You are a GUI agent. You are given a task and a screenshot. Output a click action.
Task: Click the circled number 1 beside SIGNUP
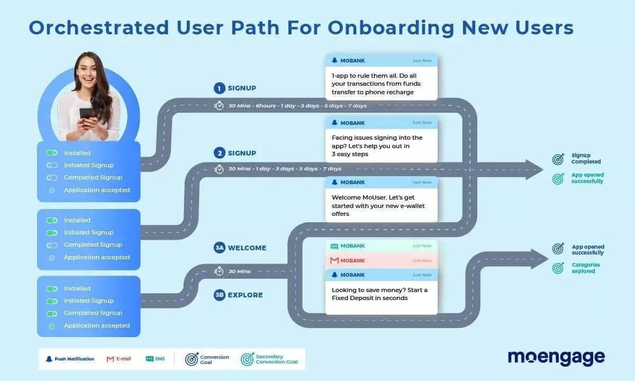pos(219,88)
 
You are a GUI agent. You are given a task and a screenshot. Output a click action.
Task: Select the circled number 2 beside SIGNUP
pos(219,153)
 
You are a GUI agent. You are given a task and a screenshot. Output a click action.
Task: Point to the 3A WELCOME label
pos(240,248)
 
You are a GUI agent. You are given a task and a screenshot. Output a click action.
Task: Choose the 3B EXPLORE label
pos(238,295)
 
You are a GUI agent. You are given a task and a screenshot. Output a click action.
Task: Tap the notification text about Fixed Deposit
pos(379,294)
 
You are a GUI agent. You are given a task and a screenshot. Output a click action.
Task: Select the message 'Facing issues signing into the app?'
pos(376,146)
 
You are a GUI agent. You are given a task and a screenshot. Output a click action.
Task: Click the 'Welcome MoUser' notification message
pos(378,206)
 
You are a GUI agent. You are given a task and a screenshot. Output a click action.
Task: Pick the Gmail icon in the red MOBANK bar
pos(334,260)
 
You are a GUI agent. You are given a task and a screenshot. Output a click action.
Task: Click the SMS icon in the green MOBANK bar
pos(334,246)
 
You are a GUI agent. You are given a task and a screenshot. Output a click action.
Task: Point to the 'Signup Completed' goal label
pos(586,159)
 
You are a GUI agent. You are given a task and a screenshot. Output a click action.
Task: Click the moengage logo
pos(556,358)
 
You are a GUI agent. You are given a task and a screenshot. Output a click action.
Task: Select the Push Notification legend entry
pos(69,359)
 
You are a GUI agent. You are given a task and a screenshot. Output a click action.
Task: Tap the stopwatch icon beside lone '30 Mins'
pos(219,271)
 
